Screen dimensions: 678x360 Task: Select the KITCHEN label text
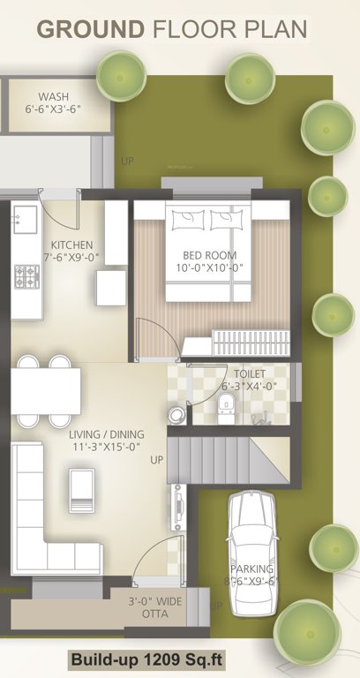(71, 245)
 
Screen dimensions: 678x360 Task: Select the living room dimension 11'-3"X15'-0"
(106, 448)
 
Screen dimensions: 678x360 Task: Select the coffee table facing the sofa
(81, 490)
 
